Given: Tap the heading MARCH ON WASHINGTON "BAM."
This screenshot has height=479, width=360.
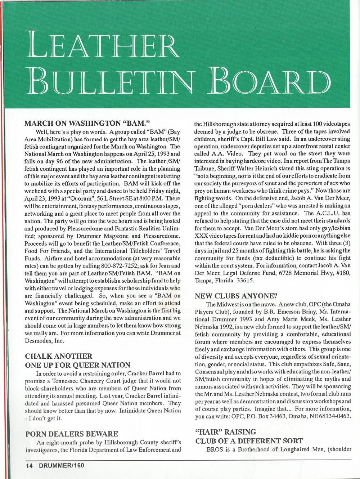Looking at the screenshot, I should [x=84, y=123].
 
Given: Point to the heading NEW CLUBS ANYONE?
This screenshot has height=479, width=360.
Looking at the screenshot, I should [x=236, y=296].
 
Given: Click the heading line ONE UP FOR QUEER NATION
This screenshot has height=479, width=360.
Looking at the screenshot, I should [x=77, y=365].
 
